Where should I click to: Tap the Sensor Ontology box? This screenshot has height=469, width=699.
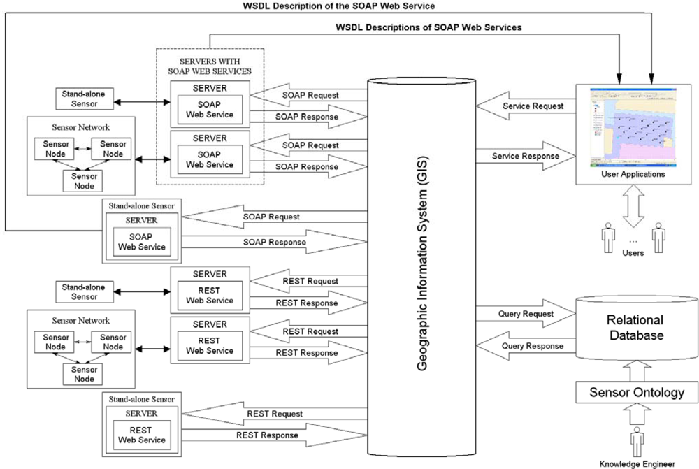pyautogui.click(x=637, y=392)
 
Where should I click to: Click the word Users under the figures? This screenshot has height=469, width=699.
pyautogui.click(x=633, y=253)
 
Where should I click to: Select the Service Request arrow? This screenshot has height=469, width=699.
pyautogui.click(x=524, y=106)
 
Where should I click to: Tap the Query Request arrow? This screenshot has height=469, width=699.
pyautogui.click(x=524, y=315)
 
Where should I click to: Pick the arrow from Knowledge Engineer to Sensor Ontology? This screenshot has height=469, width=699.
pyautogui.click(x=637, y=415)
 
